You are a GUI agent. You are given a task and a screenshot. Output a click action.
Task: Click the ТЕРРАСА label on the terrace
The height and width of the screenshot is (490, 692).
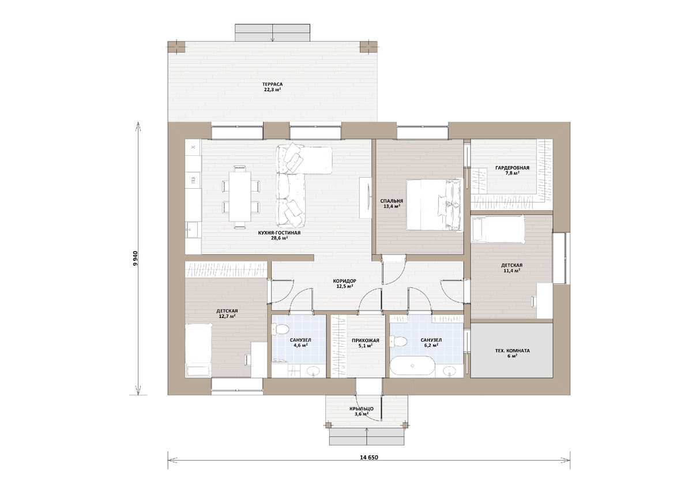pos(272,84)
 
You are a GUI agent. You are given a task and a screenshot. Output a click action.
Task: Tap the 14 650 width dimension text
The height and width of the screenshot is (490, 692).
pos(369,458)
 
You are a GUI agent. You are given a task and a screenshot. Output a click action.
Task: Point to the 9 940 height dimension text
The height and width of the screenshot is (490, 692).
pos(135,259)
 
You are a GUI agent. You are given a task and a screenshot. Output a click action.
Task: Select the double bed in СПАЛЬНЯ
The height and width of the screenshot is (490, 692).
pos(435,204)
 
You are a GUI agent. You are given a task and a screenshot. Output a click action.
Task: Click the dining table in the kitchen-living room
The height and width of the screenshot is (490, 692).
pos(240,196)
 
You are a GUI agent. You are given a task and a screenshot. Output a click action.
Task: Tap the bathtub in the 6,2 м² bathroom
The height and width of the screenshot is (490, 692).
pos(412,366)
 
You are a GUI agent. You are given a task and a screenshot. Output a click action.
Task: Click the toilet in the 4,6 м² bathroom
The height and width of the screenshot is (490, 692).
pos(280,330)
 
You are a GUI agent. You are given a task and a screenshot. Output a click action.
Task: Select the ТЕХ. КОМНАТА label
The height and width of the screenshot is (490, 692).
pos(512,350)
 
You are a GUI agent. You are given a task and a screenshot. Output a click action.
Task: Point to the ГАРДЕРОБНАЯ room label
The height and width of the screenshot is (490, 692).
pos(512,168)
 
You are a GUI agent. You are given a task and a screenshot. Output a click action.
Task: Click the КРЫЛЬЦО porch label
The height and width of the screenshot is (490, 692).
pos(362,409)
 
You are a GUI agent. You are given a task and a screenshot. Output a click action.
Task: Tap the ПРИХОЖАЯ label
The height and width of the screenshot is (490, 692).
pos(366,341)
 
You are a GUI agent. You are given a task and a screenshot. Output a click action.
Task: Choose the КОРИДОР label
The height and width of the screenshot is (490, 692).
pos(344,281)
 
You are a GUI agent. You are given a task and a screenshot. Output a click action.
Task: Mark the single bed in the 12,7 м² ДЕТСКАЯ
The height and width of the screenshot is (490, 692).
pos(198,350)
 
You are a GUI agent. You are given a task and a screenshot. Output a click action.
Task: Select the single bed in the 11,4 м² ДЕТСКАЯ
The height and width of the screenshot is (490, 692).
pos(498,229)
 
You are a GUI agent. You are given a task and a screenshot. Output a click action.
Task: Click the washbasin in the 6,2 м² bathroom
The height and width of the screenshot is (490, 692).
pos(449,371)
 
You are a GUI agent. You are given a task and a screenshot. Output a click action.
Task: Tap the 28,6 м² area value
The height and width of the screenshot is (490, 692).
pos(279,238)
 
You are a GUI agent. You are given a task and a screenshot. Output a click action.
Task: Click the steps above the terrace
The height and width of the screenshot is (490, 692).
pos(272,32)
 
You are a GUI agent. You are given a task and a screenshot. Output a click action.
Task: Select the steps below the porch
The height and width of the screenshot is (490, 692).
pos(367,437)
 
